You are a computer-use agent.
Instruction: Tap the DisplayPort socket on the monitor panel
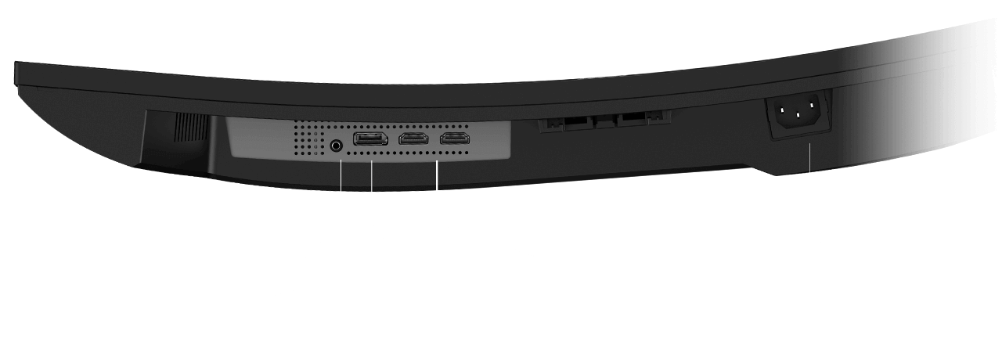point(370,141)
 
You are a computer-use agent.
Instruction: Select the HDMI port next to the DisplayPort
point(413,140)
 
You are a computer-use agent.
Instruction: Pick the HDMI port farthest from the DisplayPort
point(454,139)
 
